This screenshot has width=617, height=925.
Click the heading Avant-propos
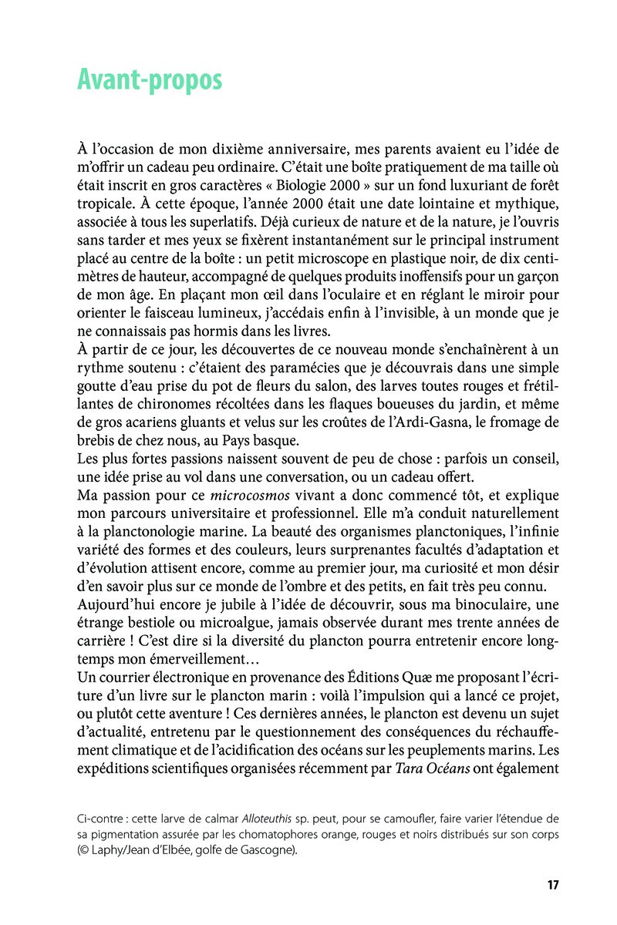click(150, 80)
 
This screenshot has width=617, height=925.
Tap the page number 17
click(552, 885)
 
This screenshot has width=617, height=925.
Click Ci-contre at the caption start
click(103, 818)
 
